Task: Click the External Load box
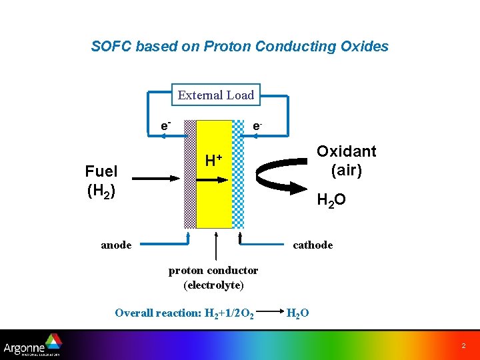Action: click(215, 95)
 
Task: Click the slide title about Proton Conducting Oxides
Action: click(239, 47)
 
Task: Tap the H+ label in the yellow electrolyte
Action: click(213, 160)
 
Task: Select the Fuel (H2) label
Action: click(101, 181)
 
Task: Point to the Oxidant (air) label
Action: click(346, 161)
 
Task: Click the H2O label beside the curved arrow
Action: click(331, 199)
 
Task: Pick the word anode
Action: click(116, 245)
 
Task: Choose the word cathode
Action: click(313, 245)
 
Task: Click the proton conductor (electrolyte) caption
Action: click(213, 277)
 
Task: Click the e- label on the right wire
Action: click(257, 125)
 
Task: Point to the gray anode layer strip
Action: click(190, 173)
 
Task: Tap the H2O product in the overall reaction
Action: click(297, 313)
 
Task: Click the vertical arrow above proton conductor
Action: click(215, 246)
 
